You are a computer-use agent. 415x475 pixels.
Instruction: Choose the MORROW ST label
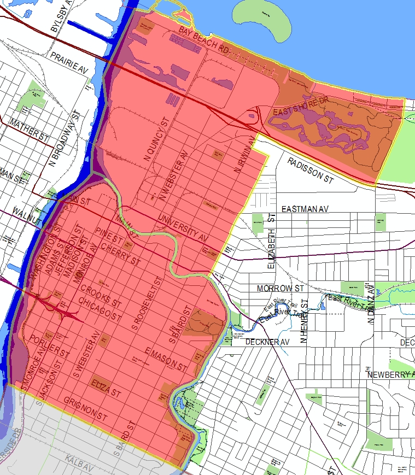[280, 288]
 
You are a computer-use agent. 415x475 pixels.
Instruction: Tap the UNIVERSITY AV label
[184, 228]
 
